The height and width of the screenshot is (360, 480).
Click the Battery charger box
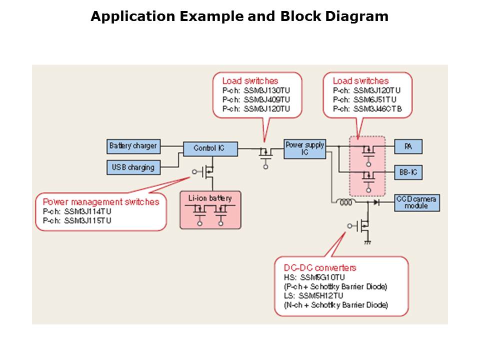tap(133, 146)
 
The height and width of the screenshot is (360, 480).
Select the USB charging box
tap(133, 167)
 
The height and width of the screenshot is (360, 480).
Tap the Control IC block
tap(209, 148)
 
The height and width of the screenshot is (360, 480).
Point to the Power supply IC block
tap(304, 148)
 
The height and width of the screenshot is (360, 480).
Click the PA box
tap(408, 146)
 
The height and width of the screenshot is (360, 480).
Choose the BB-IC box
tap(408, 172)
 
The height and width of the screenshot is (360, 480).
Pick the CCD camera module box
tap(417, 202)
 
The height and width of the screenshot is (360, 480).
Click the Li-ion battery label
tap(210, 198)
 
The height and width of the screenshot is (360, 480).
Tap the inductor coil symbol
tap(345, 203)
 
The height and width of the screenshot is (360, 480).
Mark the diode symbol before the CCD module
tap(375, 203)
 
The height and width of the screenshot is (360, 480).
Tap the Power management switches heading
tap(101, 202)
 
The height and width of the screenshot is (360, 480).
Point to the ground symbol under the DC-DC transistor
tap(367, 242)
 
